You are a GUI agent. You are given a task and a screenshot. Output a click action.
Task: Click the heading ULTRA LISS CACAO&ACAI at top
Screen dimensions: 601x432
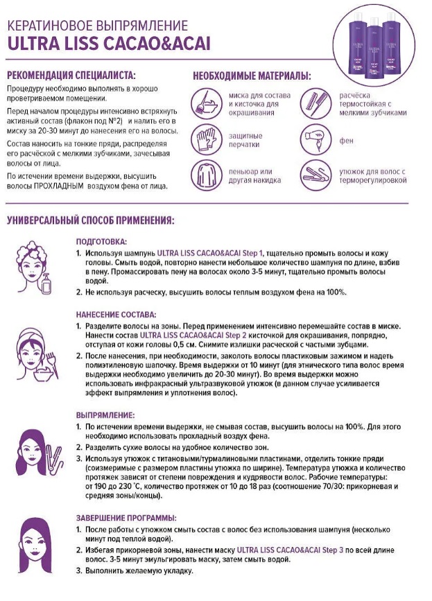coord(108,44)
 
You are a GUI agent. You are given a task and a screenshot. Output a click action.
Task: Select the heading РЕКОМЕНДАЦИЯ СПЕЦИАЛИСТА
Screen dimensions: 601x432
coord(71,75)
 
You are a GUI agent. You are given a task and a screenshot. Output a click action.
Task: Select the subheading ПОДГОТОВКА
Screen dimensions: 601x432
coord(101,242)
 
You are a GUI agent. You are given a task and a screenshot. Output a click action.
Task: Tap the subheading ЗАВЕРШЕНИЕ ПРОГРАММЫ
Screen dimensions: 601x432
coord(127,518)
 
